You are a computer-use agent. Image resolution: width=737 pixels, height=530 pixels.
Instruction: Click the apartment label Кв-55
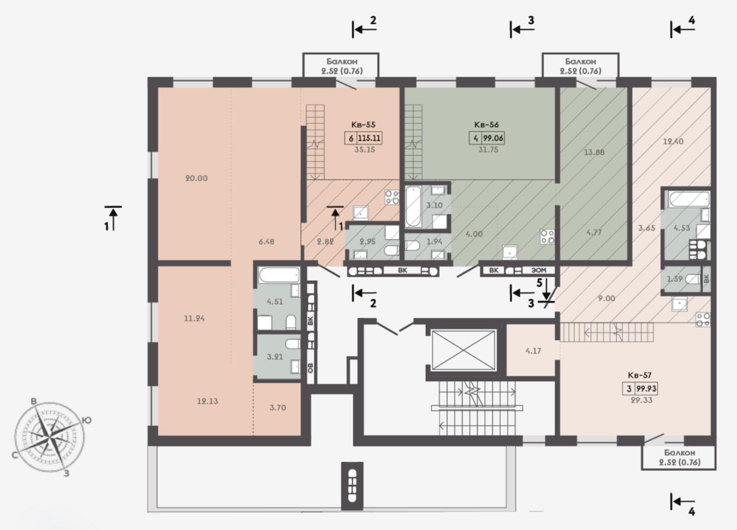(x=363, y=125)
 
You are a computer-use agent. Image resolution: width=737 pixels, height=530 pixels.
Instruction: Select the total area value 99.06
(x=493, y=138)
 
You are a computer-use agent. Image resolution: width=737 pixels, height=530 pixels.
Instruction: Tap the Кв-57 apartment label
(x=639, y=375)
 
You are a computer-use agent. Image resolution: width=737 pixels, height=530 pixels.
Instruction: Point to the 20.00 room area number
(x=197, y=178)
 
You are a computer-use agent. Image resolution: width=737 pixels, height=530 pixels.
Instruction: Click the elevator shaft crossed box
(x=463, y=350)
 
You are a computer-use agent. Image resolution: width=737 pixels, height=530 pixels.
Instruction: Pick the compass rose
(x=50, y=437)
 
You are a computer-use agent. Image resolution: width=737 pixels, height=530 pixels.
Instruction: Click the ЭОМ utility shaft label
(x=539, y=270)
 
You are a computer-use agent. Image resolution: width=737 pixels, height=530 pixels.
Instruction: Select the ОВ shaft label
(x=310, y=368)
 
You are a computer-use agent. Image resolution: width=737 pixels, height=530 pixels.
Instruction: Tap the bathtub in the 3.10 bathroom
(x=413, y=206)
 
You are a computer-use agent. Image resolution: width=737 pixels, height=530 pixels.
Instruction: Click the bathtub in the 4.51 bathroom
(x=279, y=275)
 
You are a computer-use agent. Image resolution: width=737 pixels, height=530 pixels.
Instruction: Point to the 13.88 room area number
(x=594, y=152)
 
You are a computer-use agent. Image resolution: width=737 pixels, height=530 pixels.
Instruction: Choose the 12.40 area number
(x=673, y=141)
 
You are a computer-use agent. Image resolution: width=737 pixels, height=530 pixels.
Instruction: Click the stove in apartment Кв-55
(x=392, y=197)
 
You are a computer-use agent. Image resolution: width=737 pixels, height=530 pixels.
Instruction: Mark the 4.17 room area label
(x=533, y=351)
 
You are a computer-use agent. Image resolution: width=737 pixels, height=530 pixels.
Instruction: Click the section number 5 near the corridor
(x=539, y=283)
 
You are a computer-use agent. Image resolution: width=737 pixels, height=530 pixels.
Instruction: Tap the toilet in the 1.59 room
(x=693, y=279)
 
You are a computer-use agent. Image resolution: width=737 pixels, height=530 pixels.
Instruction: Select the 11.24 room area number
(x=194, y=318)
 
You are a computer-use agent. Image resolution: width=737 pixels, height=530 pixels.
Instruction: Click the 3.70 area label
(x=278, y=407)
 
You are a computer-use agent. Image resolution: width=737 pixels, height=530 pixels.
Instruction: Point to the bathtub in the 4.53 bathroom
(x=689, y=199)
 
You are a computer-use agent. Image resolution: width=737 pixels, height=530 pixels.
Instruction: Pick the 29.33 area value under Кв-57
(x=641, y=400)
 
